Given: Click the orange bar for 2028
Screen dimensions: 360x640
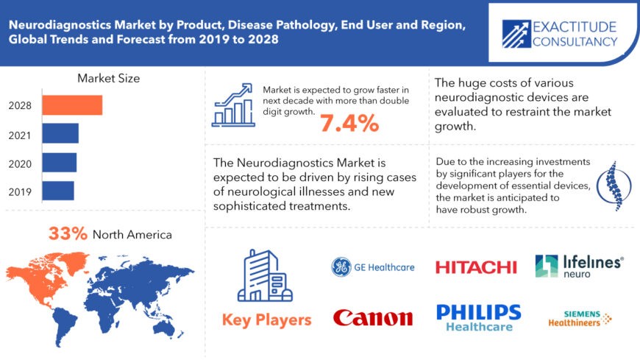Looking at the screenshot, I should [72, 105].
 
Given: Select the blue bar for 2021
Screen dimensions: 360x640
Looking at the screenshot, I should [60, 133].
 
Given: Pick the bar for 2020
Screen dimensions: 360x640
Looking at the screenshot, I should [59, 162].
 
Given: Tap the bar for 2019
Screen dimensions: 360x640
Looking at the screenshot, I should [58, 190].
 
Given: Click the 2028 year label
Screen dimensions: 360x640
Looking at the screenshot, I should [20, 105].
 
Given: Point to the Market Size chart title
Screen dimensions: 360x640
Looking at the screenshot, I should [108, 77].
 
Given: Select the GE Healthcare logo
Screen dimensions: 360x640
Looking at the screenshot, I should [372, 267].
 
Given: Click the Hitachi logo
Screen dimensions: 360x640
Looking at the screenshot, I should [476, 267].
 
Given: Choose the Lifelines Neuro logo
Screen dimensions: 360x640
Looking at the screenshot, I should [579, 266].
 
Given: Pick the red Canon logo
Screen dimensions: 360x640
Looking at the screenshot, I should [373, 318].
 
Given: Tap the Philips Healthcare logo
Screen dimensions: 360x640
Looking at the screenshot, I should [478, 317].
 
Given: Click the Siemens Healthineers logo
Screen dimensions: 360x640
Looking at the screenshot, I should [580, 318].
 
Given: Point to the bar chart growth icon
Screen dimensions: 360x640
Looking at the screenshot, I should [233, 105].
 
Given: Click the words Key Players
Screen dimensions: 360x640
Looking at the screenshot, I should [266, 320].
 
